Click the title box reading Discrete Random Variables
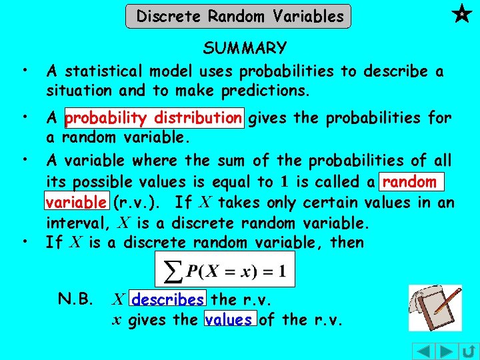[238, 16]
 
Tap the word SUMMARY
[245, 49]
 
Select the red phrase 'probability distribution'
[154, 119]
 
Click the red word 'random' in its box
[410, 181]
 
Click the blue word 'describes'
[169, 300]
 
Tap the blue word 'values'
[229, 320]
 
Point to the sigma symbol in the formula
[174, 271]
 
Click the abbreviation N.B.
[75, 300]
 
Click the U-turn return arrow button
[467, 351]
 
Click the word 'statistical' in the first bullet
[103, 71]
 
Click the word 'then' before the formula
[347, 242]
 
